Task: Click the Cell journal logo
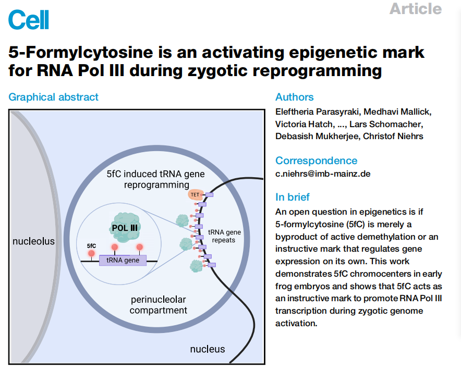29,20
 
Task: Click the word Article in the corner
416,8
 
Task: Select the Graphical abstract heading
53,97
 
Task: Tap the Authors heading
294,97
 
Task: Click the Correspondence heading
317,161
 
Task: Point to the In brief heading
292,197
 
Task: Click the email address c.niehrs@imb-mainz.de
323,174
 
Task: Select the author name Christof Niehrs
393,137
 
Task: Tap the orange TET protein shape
195,194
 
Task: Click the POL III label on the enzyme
125,228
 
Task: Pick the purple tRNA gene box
123,261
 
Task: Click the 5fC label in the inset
91,245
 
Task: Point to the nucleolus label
33,241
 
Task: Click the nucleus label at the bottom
207,349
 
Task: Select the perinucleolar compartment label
158,305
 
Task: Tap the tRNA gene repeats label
224,236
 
